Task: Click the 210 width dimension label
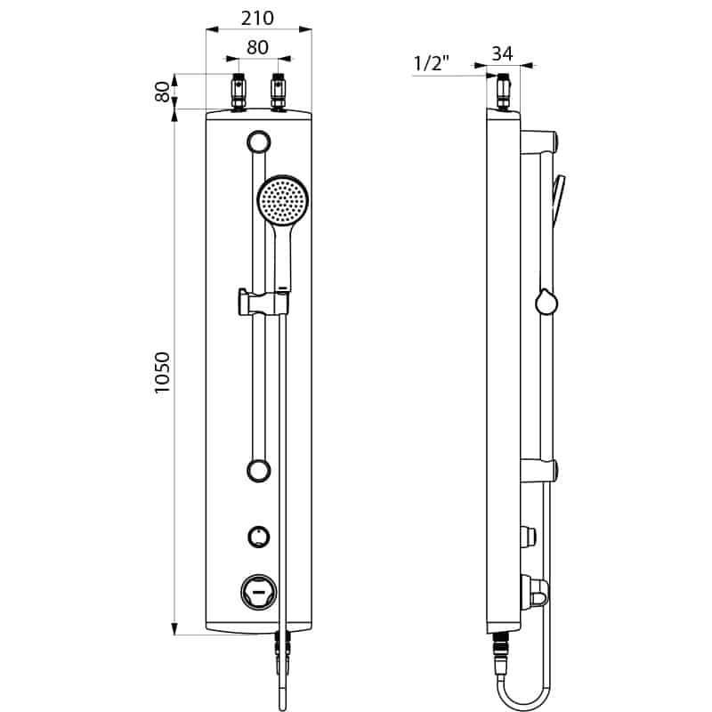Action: coord(257,18)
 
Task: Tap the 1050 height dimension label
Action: coord(162,372)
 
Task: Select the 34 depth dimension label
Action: coord(502,53)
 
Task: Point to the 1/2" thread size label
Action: coord(432,63)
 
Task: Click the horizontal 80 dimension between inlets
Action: coord(257,47)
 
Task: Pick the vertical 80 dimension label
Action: coord(162,92)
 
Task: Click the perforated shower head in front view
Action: coord(283,199)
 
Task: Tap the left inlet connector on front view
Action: coord(239,92)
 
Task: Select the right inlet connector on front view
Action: coord(278,92)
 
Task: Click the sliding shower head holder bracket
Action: coord(263,302)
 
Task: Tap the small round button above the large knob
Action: coord(259,537)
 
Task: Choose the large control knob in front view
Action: coord(258,592)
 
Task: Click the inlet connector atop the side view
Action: coord(503,92)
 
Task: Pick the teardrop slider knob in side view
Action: coord(546,302)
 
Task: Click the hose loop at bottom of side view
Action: coord(527,700)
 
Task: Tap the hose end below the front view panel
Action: coord(282,671)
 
